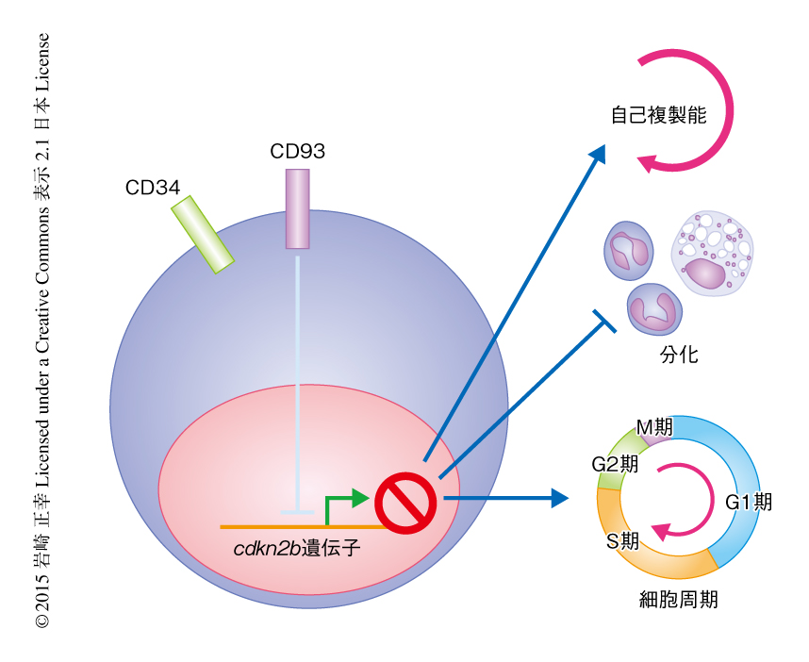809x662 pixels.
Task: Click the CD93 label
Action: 297,151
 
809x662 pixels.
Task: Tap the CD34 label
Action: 153,188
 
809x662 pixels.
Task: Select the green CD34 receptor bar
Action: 202,234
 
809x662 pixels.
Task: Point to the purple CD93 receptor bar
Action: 297,208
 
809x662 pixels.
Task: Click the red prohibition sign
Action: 405,501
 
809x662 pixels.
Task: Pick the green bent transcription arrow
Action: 345,499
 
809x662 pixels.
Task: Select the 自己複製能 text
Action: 658,115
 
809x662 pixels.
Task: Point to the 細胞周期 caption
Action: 678,600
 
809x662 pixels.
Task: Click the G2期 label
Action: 614,464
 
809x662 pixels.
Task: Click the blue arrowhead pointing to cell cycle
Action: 559,497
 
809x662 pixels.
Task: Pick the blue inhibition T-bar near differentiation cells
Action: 603,321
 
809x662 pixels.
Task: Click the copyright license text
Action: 42,330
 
